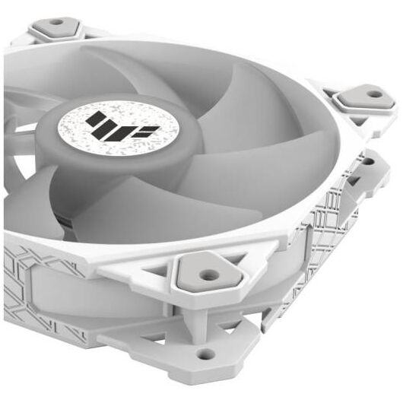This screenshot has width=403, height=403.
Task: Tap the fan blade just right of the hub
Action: [228, 152]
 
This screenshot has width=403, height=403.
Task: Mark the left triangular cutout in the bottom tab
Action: [163, 335]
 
